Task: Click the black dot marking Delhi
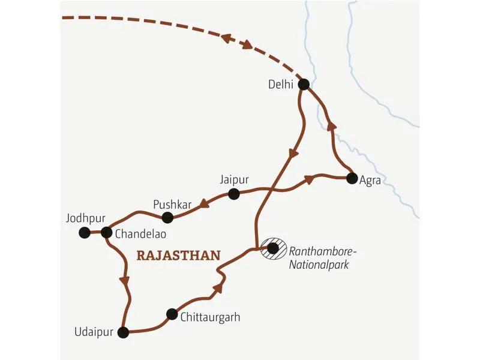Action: point(304,85)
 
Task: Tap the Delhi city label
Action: point(281,85)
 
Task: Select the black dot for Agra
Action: point(350,178)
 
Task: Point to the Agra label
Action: point(370,180)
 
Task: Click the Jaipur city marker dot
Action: point(234,194)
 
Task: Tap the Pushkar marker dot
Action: point(168,217)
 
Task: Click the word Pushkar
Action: point(172,204)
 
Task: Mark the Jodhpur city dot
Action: point(85,232)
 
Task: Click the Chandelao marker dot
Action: point(106,232)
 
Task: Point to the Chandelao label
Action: point(140,235)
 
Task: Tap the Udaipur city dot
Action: point(124,332)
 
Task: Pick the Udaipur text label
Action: point(93,332)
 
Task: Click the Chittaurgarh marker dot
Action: point(172,313)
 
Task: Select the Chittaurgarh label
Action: point(210,317)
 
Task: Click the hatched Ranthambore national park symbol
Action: point(273,248)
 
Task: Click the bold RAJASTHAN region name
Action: point(178,255)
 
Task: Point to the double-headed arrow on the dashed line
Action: point(237,41)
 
